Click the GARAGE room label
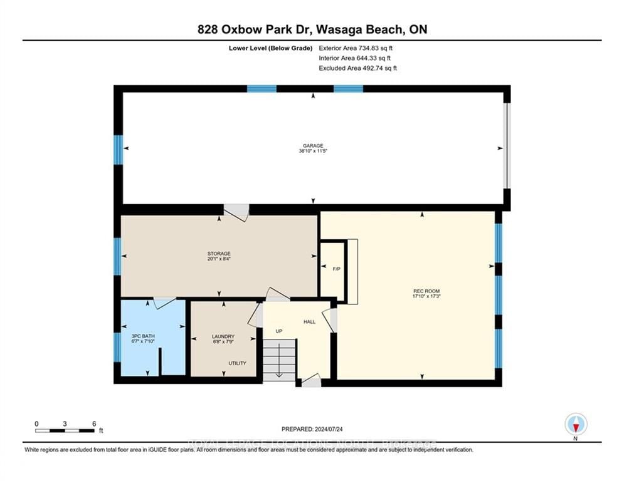(312, 145)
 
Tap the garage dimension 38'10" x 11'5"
(312, 151)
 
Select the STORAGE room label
(219, 254)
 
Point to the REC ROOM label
(421, 291)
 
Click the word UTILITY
(237, 363)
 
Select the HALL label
(309, 321)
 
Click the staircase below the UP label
(278, 360)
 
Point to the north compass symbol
(576, 425)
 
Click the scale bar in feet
(65, 430)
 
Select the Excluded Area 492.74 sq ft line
(357, 68)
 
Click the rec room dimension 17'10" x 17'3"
(421, 297)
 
